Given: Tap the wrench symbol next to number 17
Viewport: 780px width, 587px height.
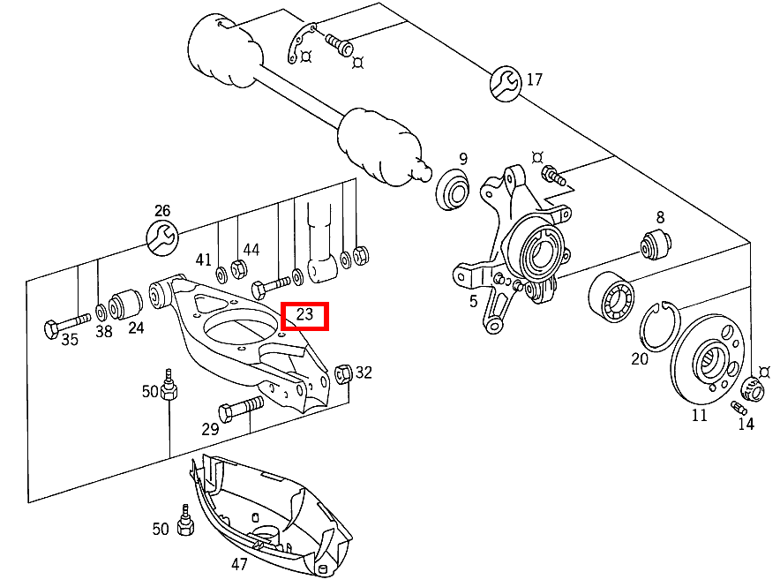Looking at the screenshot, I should [x=506, y=82].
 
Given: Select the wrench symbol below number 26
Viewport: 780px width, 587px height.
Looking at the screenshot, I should [x=161, y=237].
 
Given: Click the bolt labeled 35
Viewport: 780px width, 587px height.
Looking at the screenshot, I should [x=65, y=325].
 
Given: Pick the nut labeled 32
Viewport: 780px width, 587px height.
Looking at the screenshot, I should [x=345, y=373].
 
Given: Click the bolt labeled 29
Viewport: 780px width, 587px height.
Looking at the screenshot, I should [x=239, y=408].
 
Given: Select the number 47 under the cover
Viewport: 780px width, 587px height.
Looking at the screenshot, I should [x=239, y=564].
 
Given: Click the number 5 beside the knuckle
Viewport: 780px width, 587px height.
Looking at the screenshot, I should [x=474, y=301].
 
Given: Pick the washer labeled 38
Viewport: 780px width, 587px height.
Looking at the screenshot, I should [x=102, y=311].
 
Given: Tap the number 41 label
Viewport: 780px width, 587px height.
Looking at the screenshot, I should [x=204, y=260].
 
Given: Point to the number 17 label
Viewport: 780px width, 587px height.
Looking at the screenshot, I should [x=535, y=80].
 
